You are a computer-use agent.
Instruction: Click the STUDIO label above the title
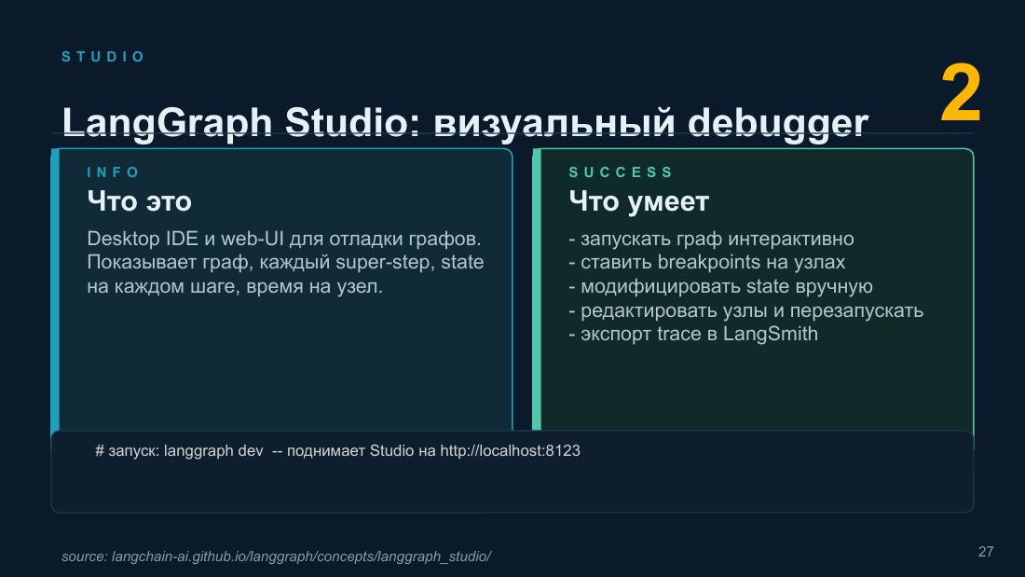pyautogui.click(x=102, y=57)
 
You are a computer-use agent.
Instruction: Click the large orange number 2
pyautogui.click(x=961, y=93)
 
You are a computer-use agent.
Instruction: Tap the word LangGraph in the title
pyautogui.click(x=167, y=123)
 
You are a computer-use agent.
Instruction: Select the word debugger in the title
pyautogui.click(x=778, y=123)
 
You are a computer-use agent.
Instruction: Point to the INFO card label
pyautogui.click(x=114, y=172)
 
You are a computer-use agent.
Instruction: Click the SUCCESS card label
pyautogui.click(x=621, y=172)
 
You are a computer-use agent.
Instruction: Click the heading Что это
pyautogui.click(x=139, y=201)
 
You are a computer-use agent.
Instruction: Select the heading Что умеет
pyautogui.click(x=638, y=201)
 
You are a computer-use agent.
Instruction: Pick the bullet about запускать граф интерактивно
pyautogui.click(x=711, y=239)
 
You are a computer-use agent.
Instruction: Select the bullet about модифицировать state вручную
pyautogui.click(x=720, y=286)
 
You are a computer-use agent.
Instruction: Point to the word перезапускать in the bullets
pyautogui.click(x=856, y=310)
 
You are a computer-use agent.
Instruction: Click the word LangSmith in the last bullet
pyautogui.click(x=770, y=334)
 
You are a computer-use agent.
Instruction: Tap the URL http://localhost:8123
pyautogui.click(x=510, y=451)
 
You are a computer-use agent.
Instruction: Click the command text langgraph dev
pyautogui.click(x=213, y=451)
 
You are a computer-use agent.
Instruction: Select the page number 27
pyautogui.click(x=986, y=552)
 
